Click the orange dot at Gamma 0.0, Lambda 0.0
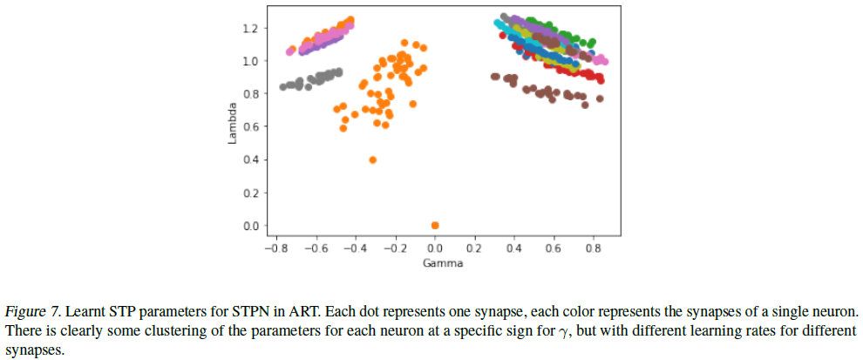tap(435, 226)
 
